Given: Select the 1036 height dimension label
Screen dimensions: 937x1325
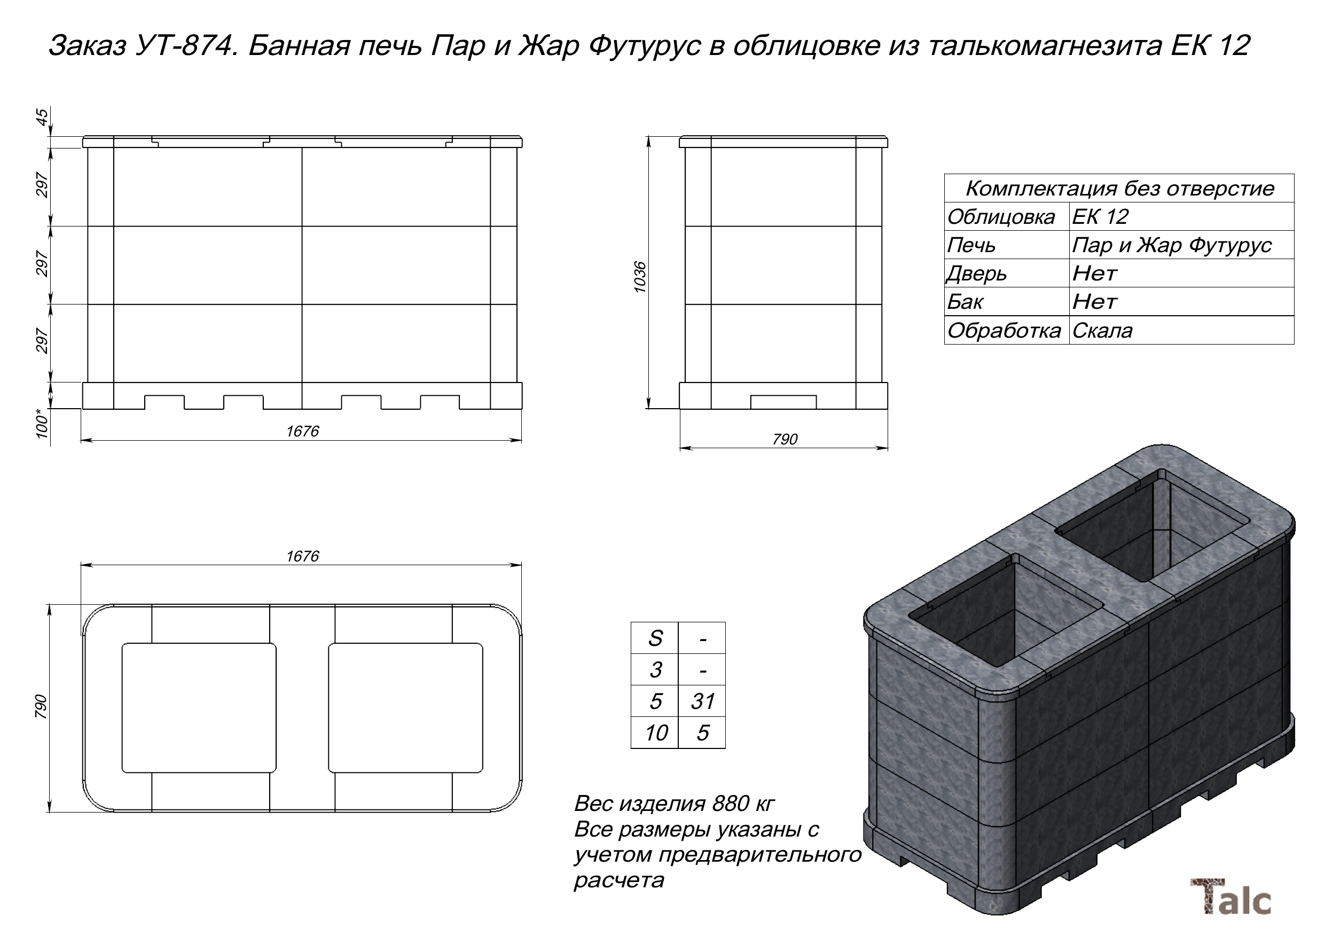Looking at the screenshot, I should (x=639, y=277).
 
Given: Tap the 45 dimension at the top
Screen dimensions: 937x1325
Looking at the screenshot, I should (x=42, y=117).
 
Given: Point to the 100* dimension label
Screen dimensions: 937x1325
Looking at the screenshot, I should (x=42, y=424).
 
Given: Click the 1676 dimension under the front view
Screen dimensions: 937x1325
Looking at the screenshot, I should (x=302, y=431).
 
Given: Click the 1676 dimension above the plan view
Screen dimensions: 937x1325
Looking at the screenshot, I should (x=302, y=556).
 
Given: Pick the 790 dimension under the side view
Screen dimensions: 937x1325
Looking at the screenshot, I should (x=785, y=439).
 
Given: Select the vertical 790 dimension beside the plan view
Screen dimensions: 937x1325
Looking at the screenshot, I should (x=41, y=707).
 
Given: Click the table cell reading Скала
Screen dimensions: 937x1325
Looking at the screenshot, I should (x=1102, y=331).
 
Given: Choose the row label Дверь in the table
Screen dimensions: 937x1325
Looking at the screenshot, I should (x=976, y=274).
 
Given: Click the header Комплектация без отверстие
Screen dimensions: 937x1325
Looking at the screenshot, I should (x=1119, y=188).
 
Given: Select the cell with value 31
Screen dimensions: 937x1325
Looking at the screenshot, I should (x=702, y=701).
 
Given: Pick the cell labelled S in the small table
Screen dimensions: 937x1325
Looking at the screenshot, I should (x=655, y=638).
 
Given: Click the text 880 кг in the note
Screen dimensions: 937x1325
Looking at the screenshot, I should (x=743, y=803).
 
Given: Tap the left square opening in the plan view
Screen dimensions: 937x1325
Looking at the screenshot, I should (x=199, y=707).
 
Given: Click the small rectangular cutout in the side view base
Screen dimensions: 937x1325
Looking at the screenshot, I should (x=783, y=402).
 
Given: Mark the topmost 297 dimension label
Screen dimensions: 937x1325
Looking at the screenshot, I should (x=42, y=185).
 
